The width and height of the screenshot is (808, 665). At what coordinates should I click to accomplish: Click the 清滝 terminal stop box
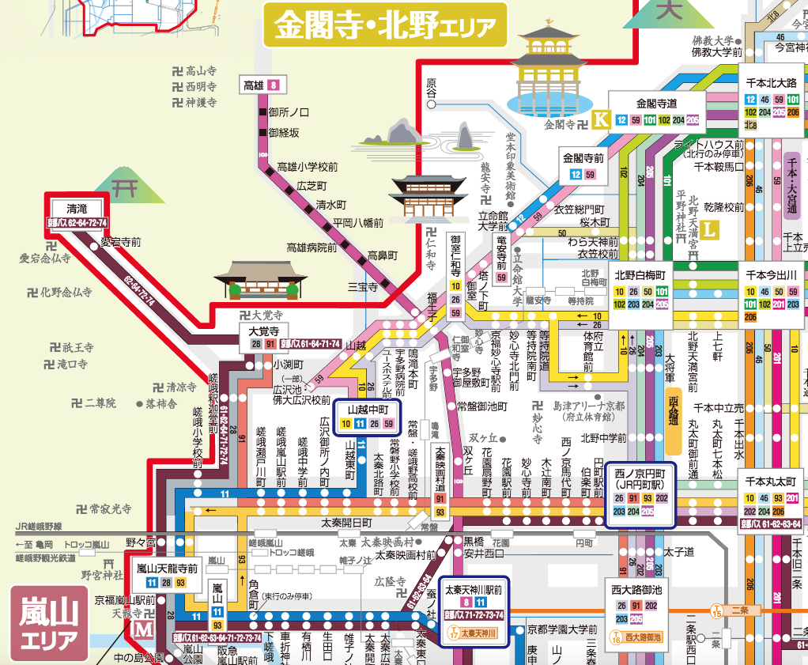click(x=77, y=214)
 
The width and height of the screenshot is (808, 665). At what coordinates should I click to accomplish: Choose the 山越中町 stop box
click(x=368, y=416)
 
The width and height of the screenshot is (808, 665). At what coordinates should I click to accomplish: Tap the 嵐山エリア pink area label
click(x=49, y=622)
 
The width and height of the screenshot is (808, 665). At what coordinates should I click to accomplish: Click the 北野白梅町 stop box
click(x=640, y=290)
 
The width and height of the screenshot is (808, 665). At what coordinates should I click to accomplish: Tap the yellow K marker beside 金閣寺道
click(x=601, y=119)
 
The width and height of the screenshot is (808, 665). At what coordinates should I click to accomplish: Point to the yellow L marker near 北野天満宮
click(x=710, y=231)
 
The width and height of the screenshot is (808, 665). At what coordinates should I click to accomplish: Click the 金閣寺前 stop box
click(x=583, y=165)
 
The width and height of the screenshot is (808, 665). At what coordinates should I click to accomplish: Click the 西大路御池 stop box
click(x=636, y=606)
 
